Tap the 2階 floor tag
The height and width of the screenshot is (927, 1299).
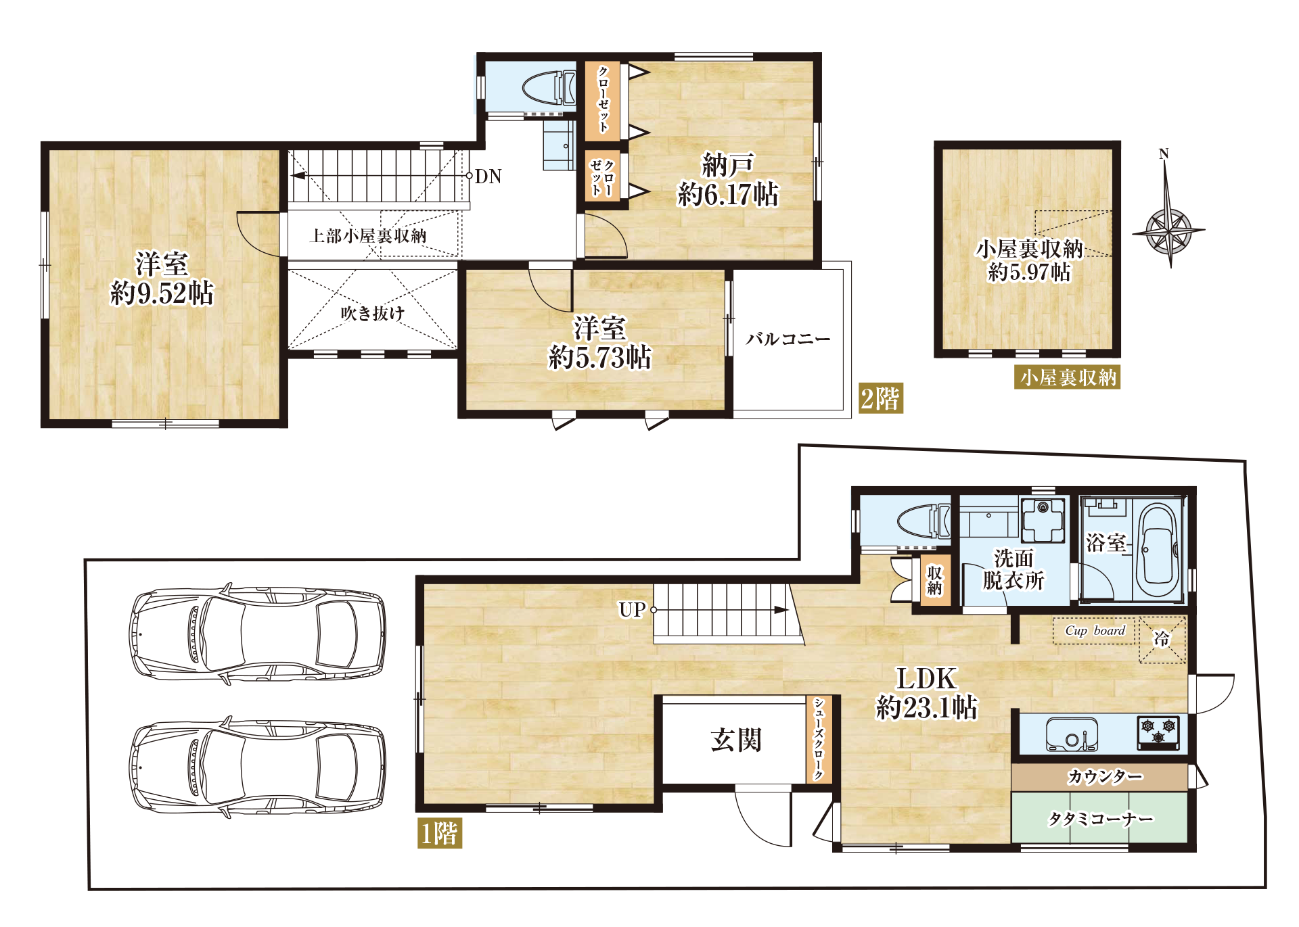[x=880, y=398]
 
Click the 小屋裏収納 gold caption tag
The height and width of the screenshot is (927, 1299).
[x=1068, y=377]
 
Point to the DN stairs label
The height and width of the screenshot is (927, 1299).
[x=488, y=176]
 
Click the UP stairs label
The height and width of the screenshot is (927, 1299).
[x=632, y=609]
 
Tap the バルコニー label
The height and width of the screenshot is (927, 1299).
[x=788, y=338]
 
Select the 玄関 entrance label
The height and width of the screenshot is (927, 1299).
[x=735, y=740]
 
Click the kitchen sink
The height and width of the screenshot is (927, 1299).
[x=1072, y=734]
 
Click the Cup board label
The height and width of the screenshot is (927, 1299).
[x=1095, y=630]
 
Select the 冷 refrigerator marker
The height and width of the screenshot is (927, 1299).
[x=1162, y=639]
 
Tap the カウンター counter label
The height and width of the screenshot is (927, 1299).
[x=1105, y=776]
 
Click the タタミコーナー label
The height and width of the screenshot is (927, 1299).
[x=1100, y=819]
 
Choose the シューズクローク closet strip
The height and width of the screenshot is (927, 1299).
[x=819, y=739]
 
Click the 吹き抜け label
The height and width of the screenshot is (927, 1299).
[x=372, y=313]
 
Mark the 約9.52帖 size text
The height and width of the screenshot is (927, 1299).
[x=162, y=293]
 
